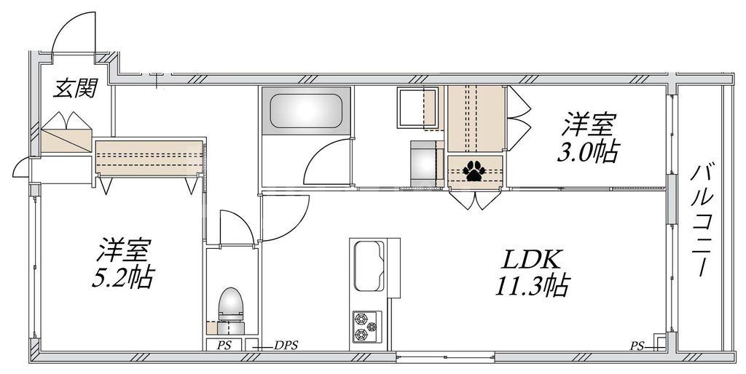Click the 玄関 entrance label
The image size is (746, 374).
(x=75, y=88)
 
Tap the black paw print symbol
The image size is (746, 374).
(x=474, y=171)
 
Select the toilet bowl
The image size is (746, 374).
(x=231, y=304)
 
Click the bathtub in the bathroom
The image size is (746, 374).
(x=306, y=111)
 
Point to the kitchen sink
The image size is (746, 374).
(x=369, y=266)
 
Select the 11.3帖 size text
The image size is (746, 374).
(x=532, y=286)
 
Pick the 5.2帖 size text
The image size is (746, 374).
(x=122, y=277)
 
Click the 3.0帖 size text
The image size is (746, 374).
(x=589, y=151)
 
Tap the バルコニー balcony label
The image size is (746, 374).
(x=701, y=221)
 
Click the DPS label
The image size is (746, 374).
(x=286, y=346)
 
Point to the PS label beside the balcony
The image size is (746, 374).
(x=637, y=346)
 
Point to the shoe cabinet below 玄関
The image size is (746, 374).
(x=66, y=133)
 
